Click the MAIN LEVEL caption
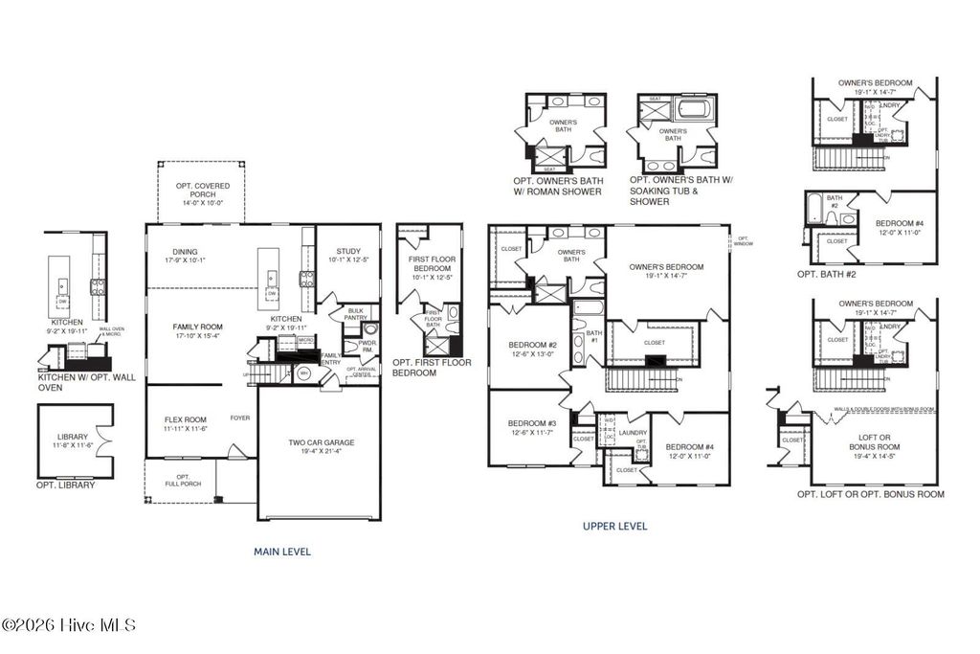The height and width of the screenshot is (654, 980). point(281,552)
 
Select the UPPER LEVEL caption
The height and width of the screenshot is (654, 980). point(614,526)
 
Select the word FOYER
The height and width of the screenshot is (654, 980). point(240,418)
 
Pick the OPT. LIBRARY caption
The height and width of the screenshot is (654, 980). point(66,485)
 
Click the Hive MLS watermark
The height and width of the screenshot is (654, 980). point(69,625)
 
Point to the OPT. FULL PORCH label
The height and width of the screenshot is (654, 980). point(183,480)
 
